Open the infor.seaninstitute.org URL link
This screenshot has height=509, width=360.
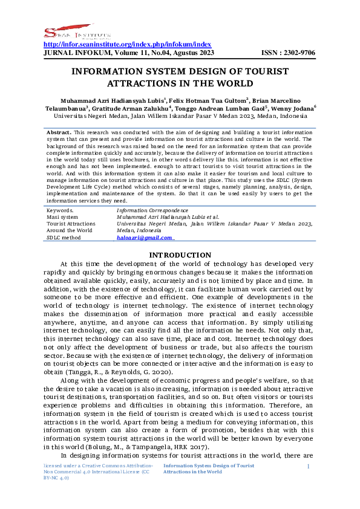128,44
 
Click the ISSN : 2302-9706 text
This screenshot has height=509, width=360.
288,53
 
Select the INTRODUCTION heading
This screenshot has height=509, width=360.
180,255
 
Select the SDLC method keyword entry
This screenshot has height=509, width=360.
64,238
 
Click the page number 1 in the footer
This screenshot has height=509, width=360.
308,467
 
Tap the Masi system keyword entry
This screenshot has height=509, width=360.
62,216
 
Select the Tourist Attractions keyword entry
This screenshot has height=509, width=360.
71,224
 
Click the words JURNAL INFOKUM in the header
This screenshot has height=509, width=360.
67,53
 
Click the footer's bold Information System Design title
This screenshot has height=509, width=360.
209,468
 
